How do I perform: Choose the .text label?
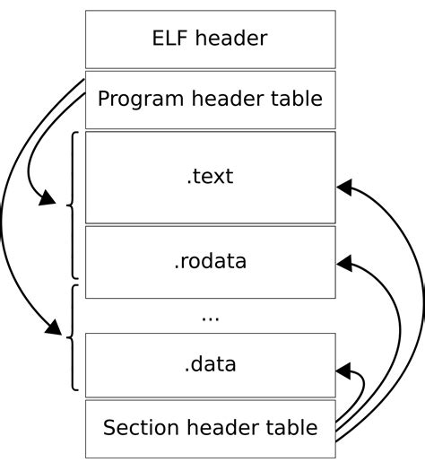(x=210, y=177)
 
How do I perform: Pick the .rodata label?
(x=210, y=262)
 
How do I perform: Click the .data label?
(x=210, y=363)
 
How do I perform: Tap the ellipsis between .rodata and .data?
(x=210, y=317)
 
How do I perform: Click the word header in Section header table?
(x=224, y=427)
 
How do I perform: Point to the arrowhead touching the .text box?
(x=345, y=187)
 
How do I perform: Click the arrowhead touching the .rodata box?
(x=345, y=264)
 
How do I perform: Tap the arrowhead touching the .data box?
(x=345, y=370)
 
